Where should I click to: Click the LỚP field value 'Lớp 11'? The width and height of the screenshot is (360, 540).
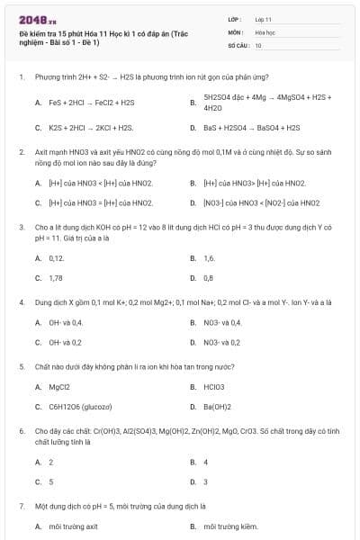263,18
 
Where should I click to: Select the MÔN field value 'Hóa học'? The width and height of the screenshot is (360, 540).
265,31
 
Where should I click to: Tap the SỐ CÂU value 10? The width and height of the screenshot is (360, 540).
258,44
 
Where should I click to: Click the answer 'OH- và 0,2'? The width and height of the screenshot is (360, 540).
65,342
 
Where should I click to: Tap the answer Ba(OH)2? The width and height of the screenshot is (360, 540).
217,406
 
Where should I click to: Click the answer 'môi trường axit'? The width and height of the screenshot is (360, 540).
73,526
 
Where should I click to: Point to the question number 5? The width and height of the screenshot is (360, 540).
20,366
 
